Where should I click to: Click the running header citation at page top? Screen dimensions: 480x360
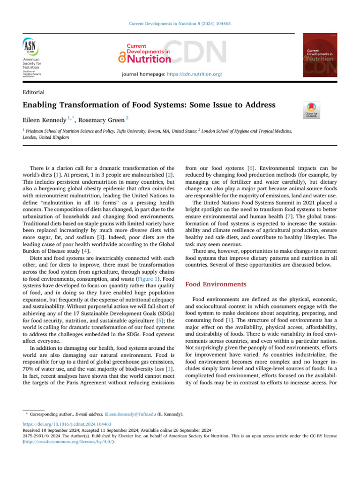(180, 23)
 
